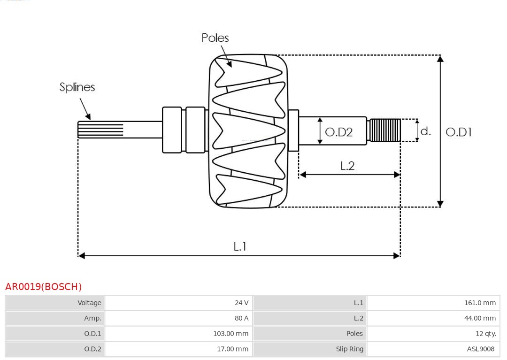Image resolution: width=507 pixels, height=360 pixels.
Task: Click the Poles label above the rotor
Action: pos(215,38)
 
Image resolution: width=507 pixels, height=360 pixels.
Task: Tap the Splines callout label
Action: pos(77,87)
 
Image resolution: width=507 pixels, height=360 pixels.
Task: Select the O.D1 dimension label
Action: pos(458,132)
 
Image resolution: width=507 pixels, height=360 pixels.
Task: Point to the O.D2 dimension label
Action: pos(338,132)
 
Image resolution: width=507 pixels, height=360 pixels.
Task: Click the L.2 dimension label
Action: pos(347,166)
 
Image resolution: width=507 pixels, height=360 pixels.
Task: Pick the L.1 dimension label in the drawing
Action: pos(240,246)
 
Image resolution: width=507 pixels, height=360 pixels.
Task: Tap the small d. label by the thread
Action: pos(425,131)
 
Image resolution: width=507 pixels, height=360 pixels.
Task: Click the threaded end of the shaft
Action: pos(384,130)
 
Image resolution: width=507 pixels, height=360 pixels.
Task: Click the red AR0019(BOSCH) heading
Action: pos(43,287)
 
